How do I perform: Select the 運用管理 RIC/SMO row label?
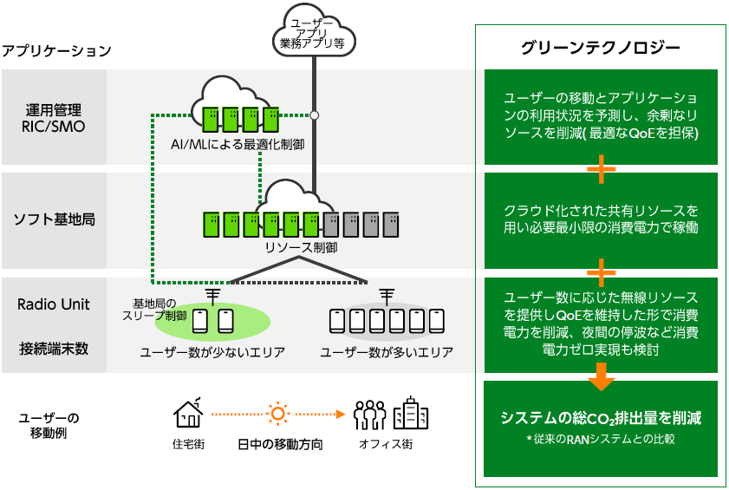54,118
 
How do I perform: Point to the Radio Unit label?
54,304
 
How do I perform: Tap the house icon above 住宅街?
189,413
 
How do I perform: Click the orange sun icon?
277,414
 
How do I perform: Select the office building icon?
410,413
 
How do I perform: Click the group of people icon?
369,415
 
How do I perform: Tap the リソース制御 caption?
301,247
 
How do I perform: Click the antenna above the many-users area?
387,296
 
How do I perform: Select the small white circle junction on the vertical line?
315,114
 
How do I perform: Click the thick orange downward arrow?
600,376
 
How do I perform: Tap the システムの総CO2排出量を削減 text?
600,418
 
